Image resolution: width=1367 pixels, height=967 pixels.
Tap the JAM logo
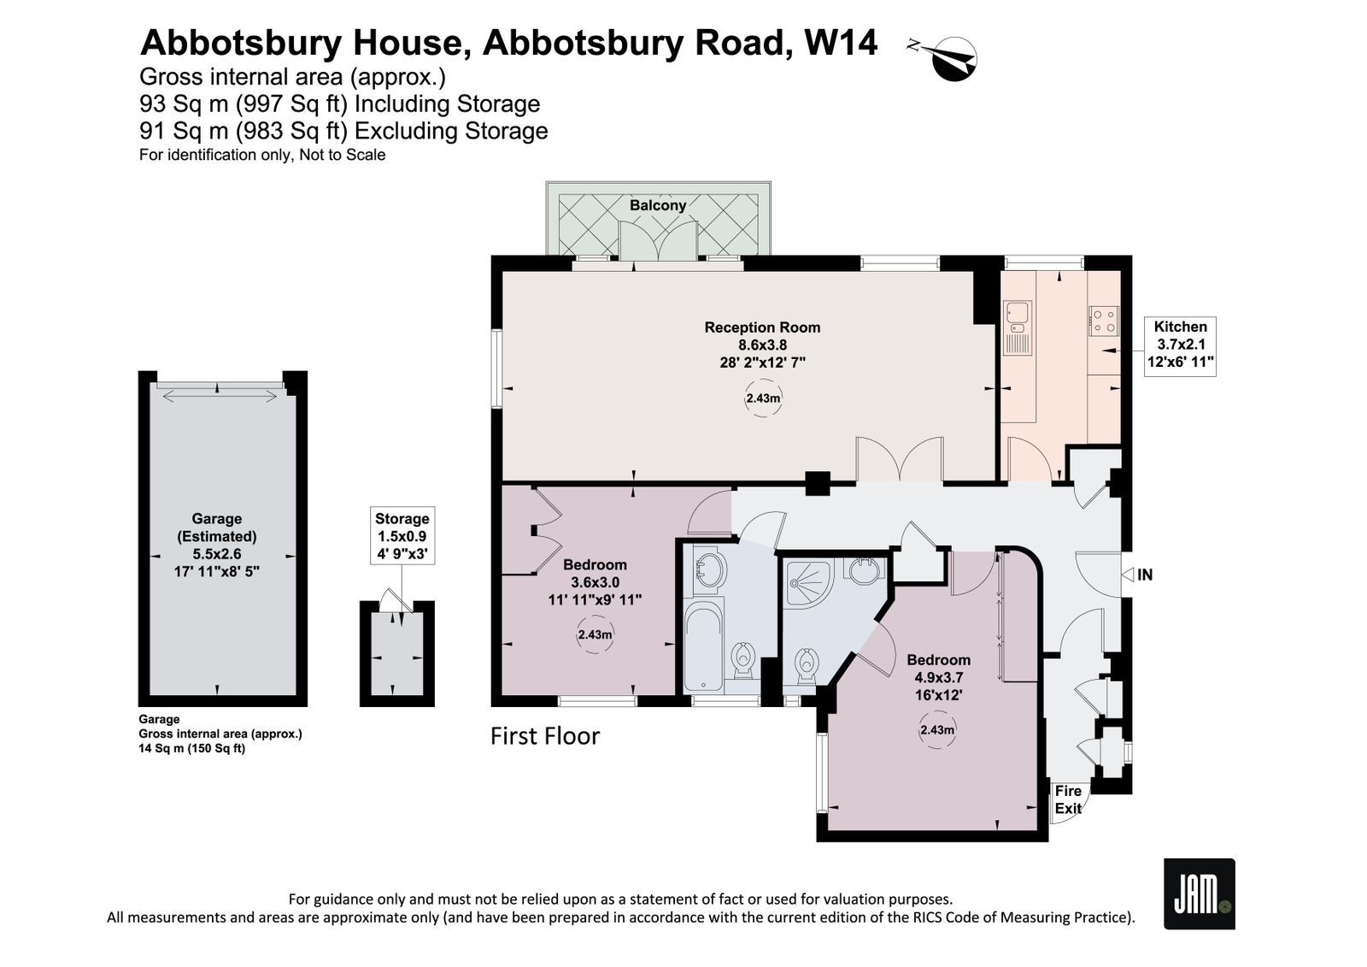coord(1200,893)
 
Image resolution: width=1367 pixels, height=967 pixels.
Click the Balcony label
coord(658,205)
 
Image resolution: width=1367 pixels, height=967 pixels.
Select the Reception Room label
coord(762,327)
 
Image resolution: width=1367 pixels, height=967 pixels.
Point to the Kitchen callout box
coord(1180,345)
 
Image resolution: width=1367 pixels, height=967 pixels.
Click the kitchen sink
coord(1017,328)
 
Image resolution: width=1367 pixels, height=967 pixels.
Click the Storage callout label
coord(402,536)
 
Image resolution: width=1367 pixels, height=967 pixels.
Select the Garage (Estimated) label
coord(217,528)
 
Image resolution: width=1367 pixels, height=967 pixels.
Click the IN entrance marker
coord(1138,575)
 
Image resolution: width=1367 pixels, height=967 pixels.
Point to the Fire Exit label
coord(1068,799)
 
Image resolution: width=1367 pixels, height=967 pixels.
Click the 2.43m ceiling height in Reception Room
coord(763,398)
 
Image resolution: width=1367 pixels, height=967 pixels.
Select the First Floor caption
coord(545,736)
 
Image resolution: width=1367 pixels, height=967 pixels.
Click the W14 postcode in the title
coord(841,43)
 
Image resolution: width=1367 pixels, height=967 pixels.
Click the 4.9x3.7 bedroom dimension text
coord(938,677)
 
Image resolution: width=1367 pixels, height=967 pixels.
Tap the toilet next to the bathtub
coord(742,660)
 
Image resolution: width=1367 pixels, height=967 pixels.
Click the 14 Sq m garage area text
coord(161,748)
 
